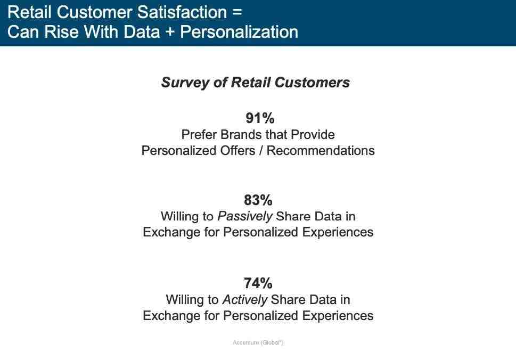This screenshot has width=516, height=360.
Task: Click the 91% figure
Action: (260, 118)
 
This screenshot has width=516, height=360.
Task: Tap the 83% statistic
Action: (258, 200)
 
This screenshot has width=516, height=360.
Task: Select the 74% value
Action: (258, 283)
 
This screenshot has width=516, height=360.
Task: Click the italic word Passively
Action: (245, 217)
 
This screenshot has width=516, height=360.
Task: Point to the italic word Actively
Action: (245, 300)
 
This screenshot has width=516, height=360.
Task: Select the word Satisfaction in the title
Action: (182, 12)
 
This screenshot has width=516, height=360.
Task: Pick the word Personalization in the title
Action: (239, 32)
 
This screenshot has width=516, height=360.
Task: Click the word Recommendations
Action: (321, 151)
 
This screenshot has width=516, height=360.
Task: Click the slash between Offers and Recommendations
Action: (261, 151)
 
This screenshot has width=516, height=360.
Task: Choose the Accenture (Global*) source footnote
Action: (258, 342)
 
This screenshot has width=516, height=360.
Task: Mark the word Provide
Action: (313, 135)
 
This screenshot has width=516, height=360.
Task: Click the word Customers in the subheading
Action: (312, 83)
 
